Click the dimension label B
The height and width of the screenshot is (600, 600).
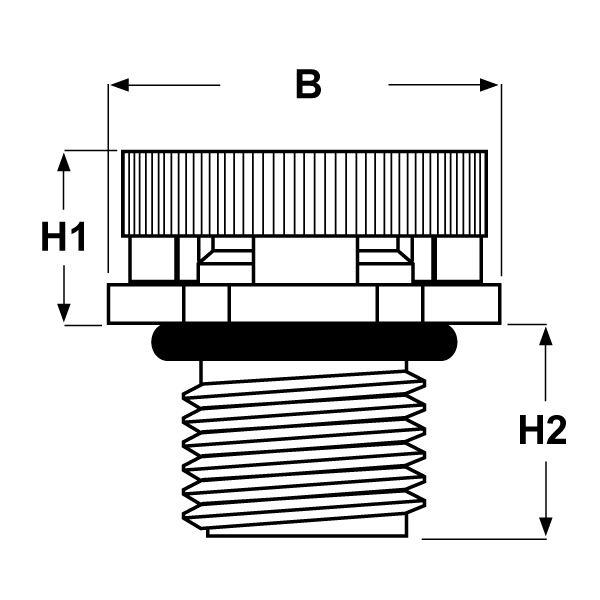click(x=308, y=85)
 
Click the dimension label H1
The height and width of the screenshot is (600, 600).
click(x=63, y=237)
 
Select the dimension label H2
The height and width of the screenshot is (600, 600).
click(x=543, y=430)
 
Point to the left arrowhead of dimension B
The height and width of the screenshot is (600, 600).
click(x=119, y=85)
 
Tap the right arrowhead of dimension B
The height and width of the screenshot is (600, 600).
click(x=489, y=85)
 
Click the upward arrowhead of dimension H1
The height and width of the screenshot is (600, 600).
click(x=64, y=161)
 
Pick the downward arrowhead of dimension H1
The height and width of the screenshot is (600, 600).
click(x=64, y=313)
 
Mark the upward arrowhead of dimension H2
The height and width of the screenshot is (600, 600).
click(x=545, y=336)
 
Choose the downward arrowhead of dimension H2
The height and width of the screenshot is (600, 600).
click(x=545, y=527)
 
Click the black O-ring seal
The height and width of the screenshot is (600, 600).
click(x=304, y=342)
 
